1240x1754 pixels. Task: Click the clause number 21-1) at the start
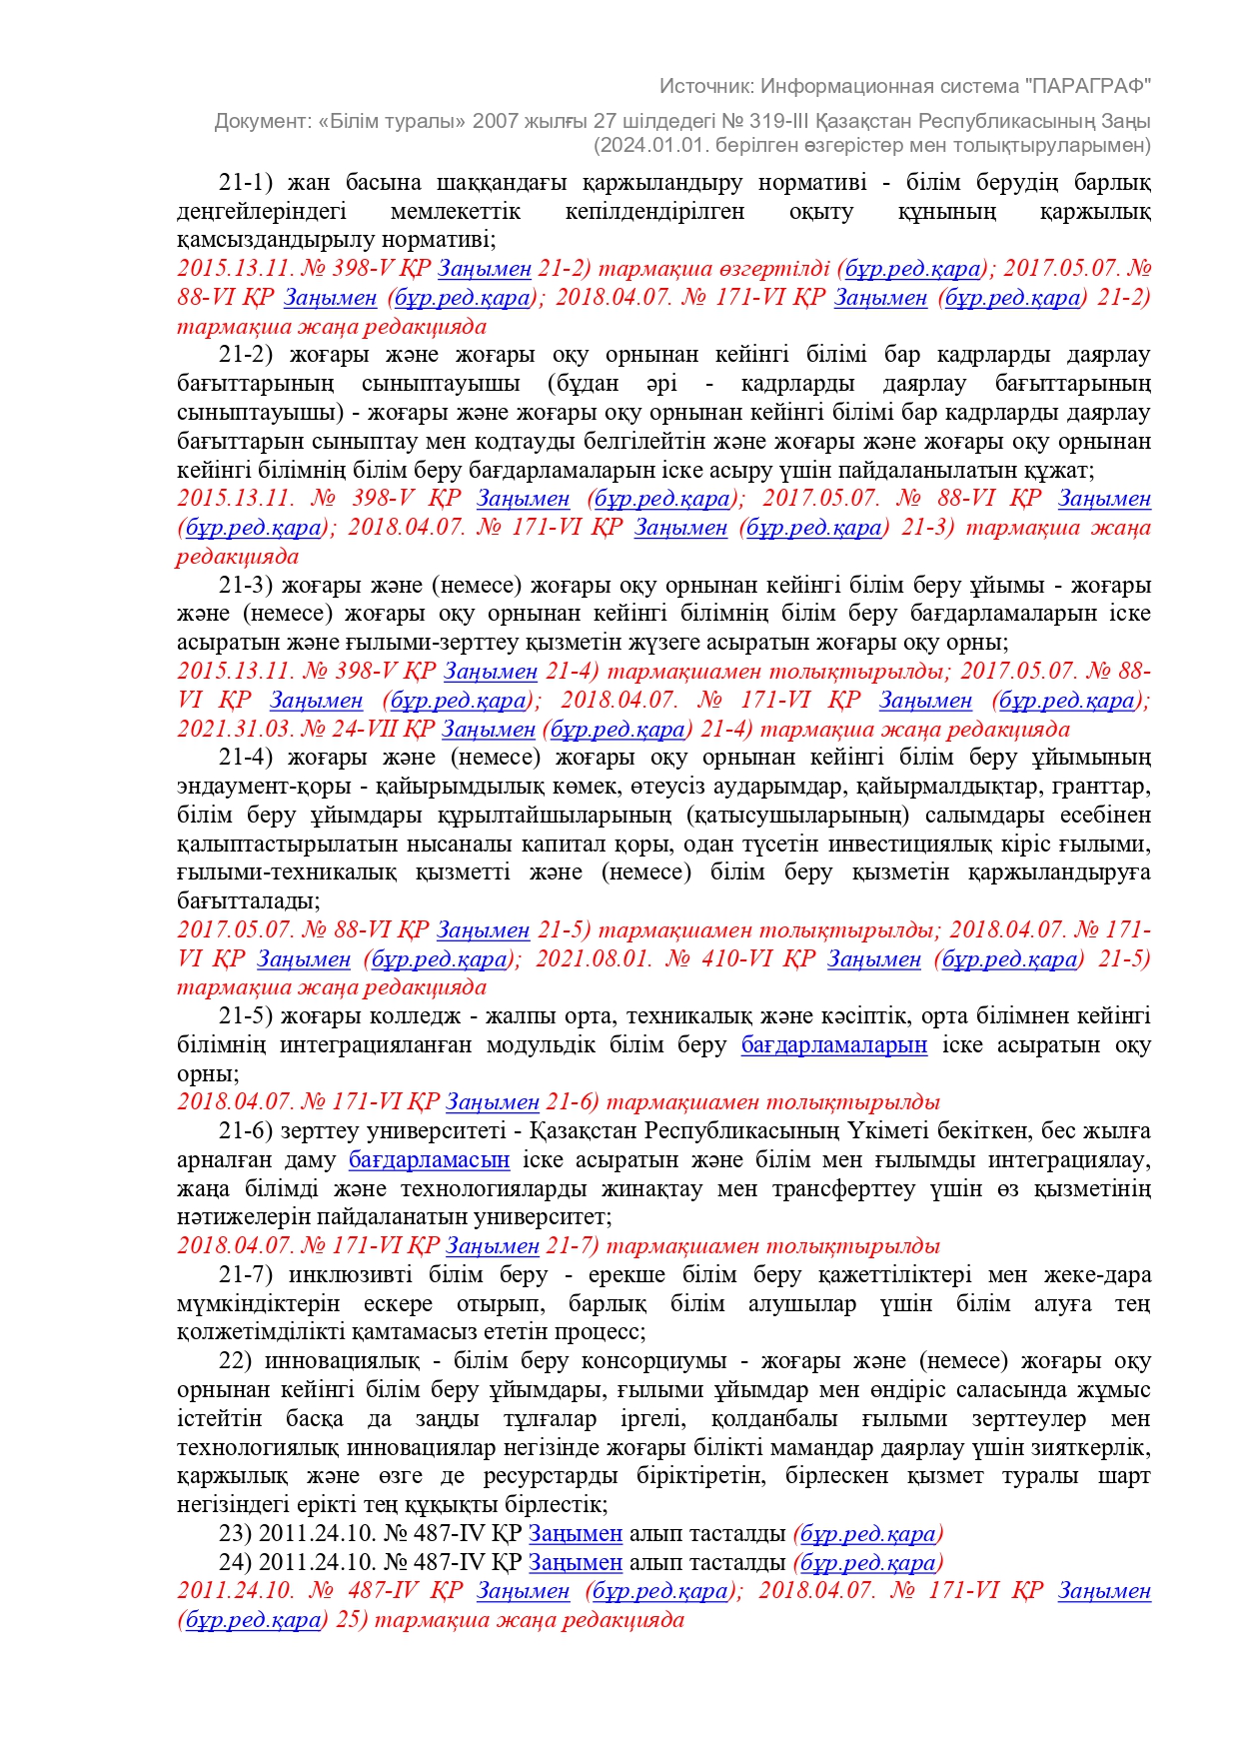pos(246,183)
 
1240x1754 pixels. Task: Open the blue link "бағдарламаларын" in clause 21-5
pos(833,1045)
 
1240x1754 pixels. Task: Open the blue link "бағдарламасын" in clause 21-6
pos(429,1160)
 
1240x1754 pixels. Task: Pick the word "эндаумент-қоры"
pos(247,787)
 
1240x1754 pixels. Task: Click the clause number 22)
pos(235,1361)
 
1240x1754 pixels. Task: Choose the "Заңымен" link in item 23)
pos(575,1534)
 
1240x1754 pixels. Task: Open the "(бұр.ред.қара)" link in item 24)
pos(867,1563)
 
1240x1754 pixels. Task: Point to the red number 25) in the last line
pos(352,1620)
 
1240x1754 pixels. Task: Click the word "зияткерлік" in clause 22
pos(1094,1448)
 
